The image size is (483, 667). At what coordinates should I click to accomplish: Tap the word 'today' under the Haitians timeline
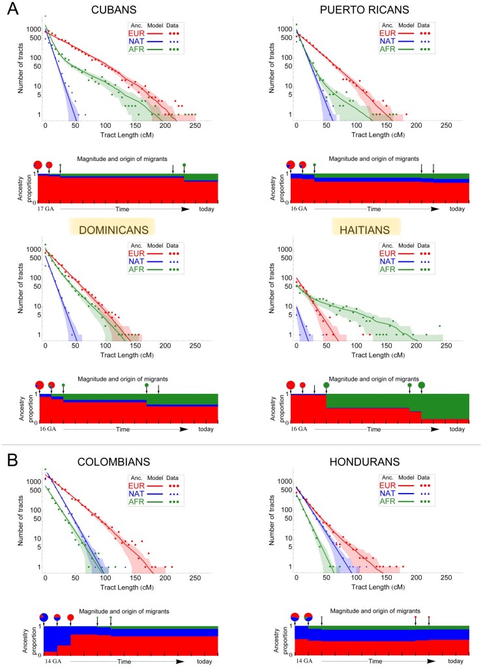pos(456,430)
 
